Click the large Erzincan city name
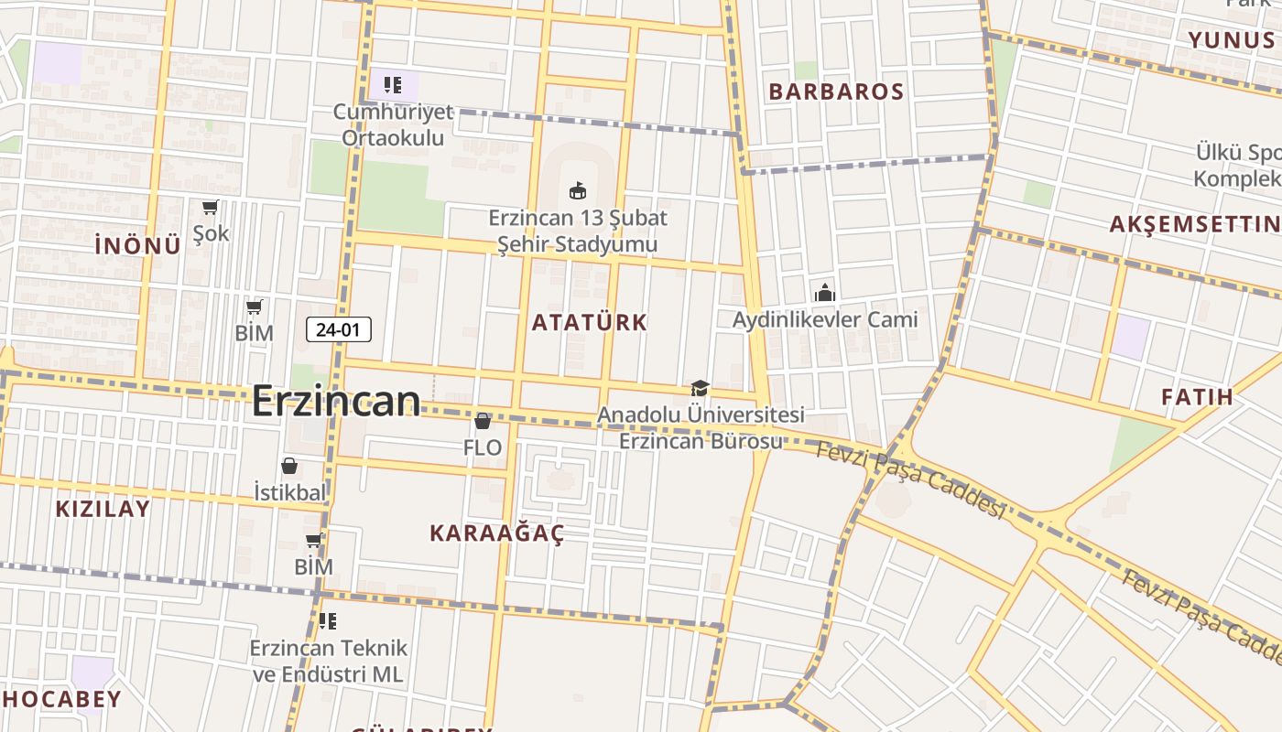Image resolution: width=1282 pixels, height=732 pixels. point(336,401)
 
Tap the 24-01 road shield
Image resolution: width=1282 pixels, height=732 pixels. point(338,329)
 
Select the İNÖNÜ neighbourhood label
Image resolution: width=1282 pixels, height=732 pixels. point(137,245)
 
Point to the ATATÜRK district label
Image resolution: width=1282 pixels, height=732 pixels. point(590,322)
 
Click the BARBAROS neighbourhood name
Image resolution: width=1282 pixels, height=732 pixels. point(836,91)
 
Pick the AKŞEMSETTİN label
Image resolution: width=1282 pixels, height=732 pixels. point(1195,224)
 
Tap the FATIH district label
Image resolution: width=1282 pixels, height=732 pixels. point(1197,397)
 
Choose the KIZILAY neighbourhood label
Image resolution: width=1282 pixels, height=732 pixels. point(103,510)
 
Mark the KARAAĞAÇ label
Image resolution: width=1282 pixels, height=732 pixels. point(497,533)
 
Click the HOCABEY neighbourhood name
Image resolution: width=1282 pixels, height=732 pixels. point(61,700)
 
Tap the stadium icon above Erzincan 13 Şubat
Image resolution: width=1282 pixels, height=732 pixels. point(577,191)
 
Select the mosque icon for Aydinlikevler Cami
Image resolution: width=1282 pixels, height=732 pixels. point(825,293)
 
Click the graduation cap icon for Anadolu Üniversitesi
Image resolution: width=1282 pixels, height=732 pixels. point(700,389)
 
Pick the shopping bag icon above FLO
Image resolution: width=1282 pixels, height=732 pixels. point(483,421)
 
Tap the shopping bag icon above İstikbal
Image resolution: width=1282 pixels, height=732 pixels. point(289,466)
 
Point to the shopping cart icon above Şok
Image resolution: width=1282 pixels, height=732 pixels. point(211,208)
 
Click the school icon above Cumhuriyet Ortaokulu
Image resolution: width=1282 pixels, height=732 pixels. point(393,86)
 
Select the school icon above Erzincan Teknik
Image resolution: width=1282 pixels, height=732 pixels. point(328,621)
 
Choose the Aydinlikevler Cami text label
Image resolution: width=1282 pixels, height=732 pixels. point(825,319)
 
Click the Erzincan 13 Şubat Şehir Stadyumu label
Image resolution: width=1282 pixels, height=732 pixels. point(578,231)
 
